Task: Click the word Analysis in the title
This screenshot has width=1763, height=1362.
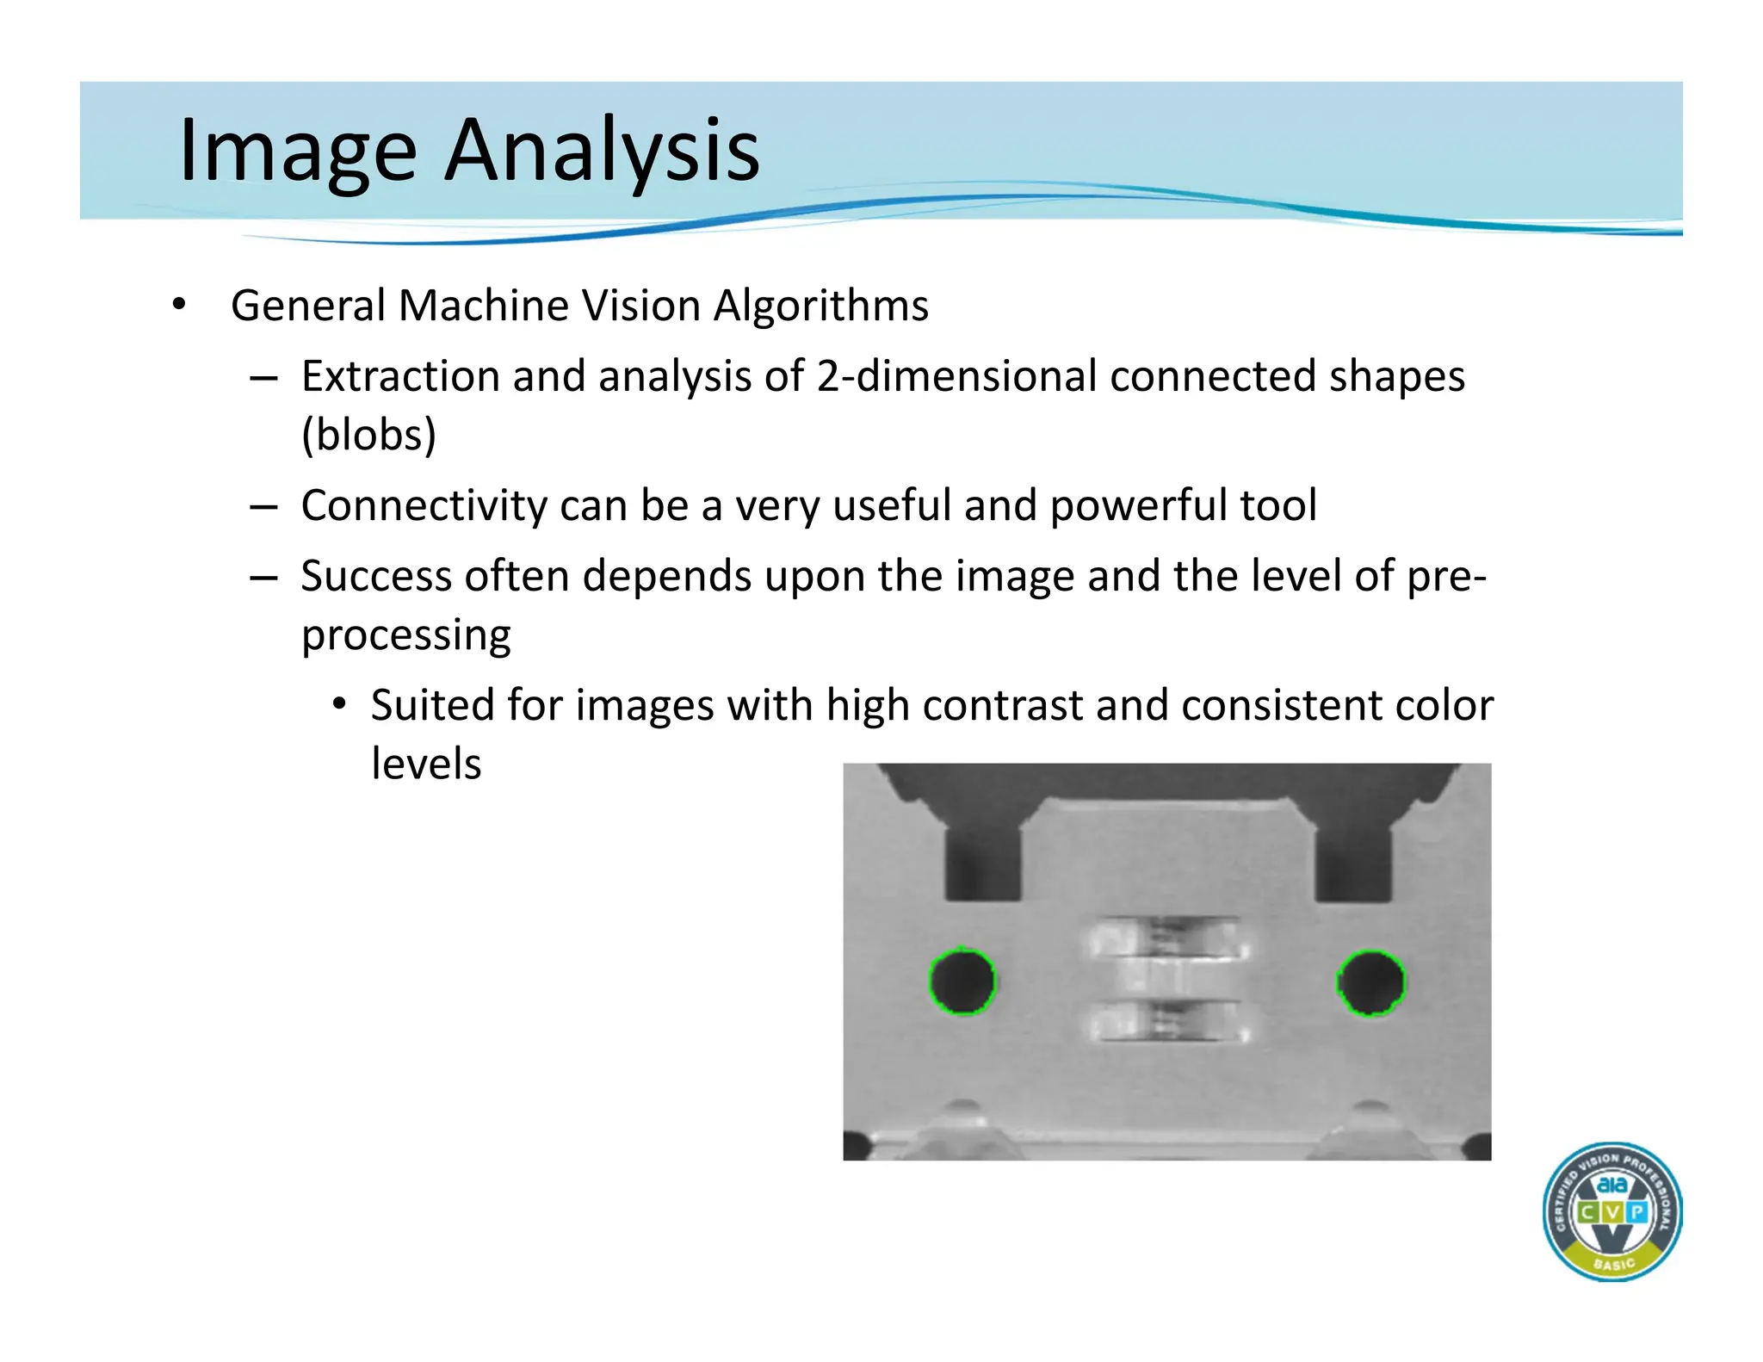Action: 602,151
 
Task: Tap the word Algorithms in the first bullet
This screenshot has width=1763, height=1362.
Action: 821,306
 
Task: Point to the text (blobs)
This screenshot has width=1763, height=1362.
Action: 368,435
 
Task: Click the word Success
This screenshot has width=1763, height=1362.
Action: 376,576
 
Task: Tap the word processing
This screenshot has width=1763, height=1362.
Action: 405,635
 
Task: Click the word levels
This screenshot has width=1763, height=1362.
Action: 426,764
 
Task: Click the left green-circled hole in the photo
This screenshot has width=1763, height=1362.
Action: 962,982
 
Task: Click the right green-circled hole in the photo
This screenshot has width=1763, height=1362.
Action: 1370,983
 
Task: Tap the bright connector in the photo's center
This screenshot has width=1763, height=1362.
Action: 1167,980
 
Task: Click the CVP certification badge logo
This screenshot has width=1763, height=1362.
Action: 1611,1211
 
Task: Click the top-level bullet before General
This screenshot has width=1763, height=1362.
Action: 178,305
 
